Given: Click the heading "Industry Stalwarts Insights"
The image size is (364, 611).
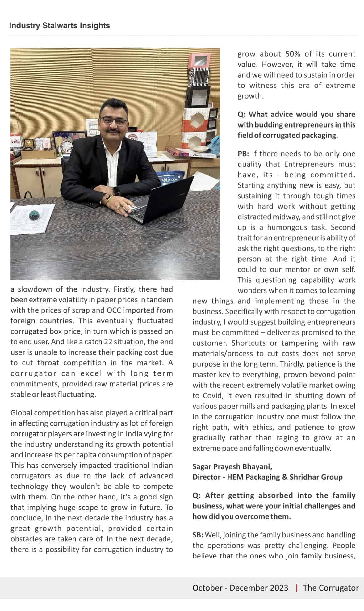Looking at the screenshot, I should click(60, 25).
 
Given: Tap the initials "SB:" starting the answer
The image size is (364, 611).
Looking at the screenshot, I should click(198, 535).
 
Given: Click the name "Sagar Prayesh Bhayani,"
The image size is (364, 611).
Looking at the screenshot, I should click(232, 466).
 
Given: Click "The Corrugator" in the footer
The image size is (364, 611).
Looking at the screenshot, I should click(331, 588).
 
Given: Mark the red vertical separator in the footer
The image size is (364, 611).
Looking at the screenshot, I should click(297, 588).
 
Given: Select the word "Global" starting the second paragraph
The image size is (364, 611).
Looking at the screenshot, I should click(21, 413).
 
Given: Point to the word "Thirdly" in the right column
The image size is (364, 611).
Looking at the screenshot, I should click(292, 364).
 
